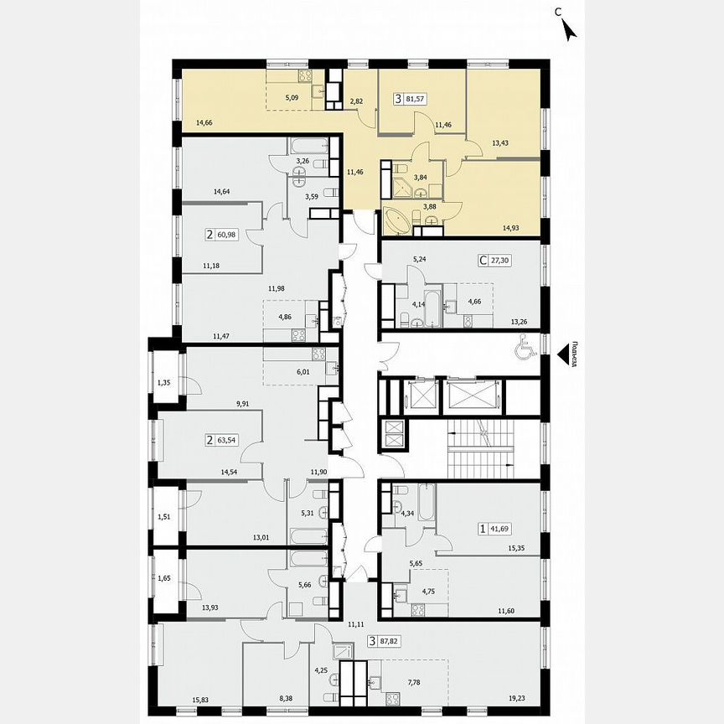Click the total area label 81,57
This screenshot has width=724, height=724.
[x=414, y=100]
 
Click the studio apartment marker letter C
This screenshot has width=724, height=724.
[x=483, y=261]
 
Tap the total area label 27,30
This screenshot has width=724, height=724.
[x=504, y=261]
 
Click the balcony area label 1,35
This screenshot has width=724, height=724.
[x=164, y=384]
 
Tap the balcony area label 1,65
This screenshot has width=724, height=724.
[x=164, y=579]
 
